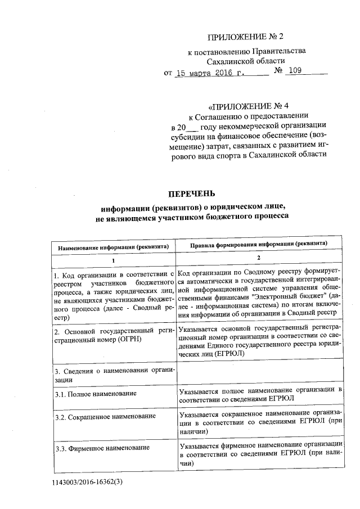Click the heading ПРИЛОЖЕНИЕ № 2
tap(246, 38)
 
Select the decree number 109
tap(296, 72)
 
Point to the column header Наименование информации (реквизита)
tap(113, 247)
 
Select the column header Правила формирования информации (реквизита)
tap(258, 246)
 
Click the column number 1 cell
tap(113, 260)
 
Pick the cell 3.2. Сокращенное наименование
tap(105, 417)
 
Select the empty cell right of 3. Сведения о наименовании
tap(258, 373)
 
